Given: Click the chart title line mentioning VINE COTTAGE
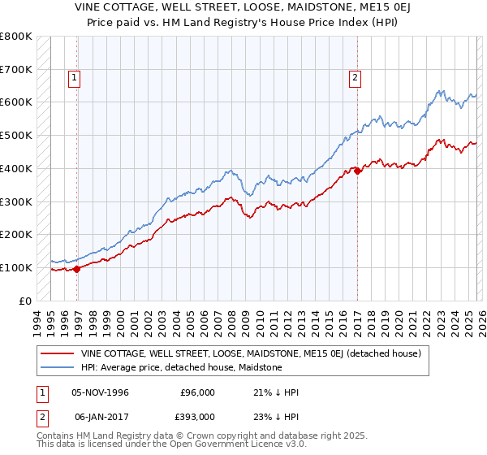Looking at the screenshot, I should [243, 7].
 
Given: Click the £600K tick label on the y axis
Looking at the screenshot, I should [16, 102].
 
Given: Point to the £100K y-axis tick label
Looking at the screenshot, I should [16, 267].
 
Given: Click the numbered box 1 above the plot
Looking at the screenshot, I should [74, 78].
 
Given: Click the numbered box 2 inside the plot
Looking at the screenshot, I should [355, 78].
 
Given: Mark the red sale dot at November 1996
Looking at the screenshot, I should [77, 269].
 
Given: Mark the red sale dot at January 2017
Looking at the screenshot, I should [357, 171].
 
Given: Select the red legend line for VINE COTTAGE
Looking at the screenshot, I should [58, 354].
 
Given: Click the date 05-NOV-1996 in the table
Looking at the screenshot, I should [101, 392].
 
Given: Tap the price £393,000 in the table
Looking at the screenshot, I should [197, 416].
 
